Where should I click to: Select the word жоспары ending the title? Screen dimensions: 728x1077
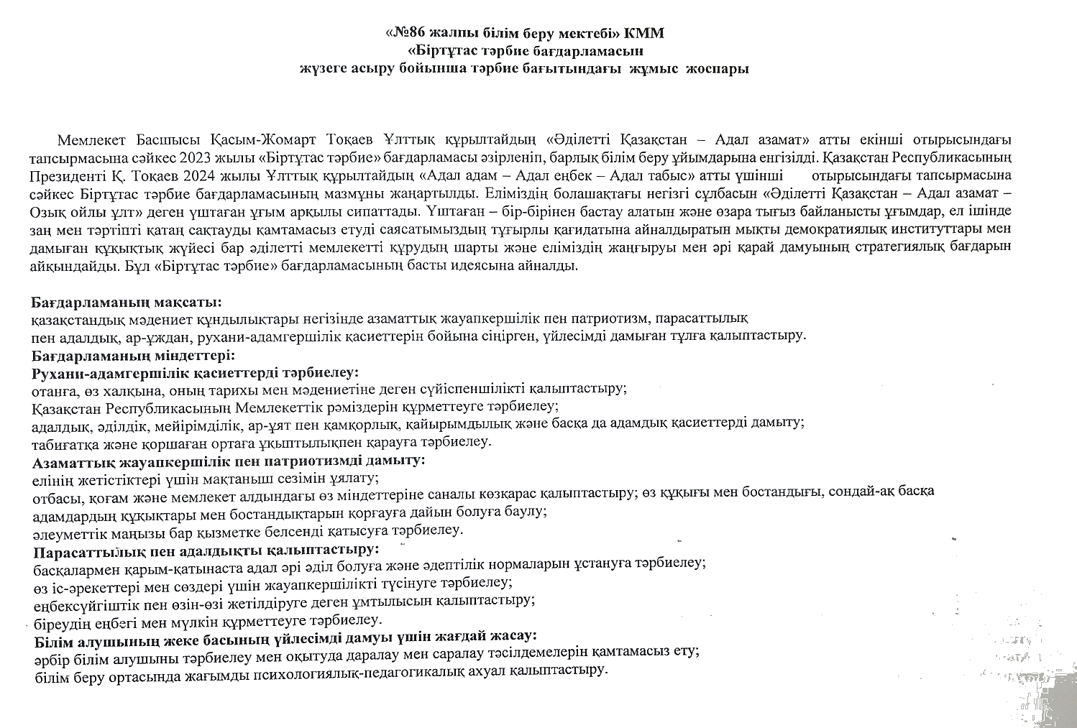tap(718, 69)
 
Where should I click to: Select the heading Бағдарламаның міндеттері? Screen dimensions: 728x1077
tap(134, 355)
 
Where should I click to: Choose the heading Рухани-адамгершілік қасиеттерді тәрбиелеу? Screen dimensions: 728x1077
tap(196, 372)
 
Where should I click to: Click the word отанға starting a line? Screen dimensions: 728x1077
tap(52, 390)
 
